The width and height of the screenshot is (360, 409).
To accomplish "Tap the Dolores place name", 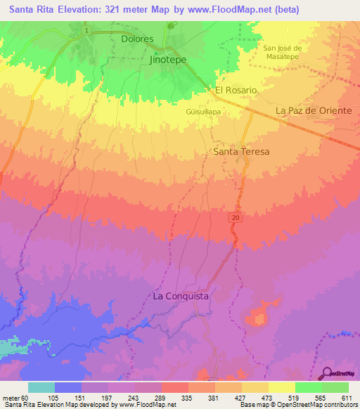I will pos(137,39).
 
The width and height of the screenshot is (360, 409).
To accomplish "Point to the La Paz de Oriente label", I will pos(313,111).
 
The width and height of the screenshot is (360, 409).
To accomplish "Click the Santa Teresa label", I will pos(241,151).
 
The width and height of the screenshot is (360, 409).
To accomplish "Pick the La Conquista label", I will pos(181,297).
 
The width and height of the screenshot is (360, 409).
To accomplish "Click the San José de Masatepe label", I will pos(282,52).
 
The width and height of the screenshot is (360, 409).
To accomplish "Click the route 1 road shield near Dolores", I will pos(86,31).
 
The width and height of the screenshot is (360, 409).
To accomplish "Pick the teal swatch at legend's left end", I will pos(41,387).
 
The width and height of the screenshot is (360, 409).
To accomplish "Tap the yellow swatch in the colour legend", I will pos(281,387).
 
